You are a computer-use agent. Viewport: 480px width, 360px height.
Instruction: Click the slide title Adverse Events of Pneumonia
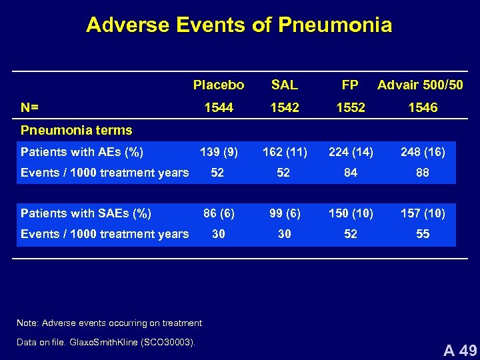[239, 25]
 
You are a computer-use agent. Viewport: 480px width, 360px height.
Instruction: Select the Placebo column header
[219, 85]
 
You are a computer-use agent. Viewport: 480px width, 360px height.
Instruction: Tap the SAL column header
[285, 85]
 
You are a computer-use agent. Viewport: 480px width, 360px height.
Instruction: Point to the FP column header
[350, 85]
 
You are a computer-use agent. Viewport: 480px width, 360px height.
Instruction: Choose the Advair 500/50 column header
[420, 85]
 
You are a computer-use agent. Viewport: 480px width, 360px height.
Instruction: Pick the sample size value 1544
[219, 107]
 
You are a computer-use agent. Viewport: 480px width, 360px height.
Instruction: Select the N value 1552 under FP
[351, 107]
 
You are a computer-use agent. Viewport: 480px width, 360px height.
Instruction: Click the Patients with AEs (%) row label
[82, 152]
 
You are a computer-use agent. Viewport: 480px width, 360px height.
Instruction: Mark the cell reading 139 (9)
[219, 152]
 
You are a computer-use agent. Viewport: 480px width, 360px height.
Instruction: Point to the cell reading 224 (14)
[351, 152]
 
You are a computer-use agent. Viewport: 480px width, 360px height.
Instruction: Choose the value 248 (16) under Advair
[423, 152]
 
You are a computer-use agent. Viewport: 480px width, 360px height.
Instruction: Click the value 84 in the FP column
[351, 173]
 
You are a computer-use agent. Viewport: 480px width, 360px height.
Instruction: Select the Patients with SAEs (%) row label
[86, 213]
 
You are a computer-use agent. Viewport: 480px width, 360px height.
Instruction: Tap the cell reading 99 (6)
[285, 213]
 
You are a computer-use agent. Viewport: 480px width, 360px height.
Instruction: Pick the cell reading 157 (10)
[423, 213]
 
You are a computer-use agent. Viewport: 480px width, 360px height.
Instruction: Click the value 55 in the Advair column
[423, 234]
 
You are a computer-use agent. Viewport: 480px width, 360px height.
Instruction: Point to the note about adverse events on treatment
[109, 323]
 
